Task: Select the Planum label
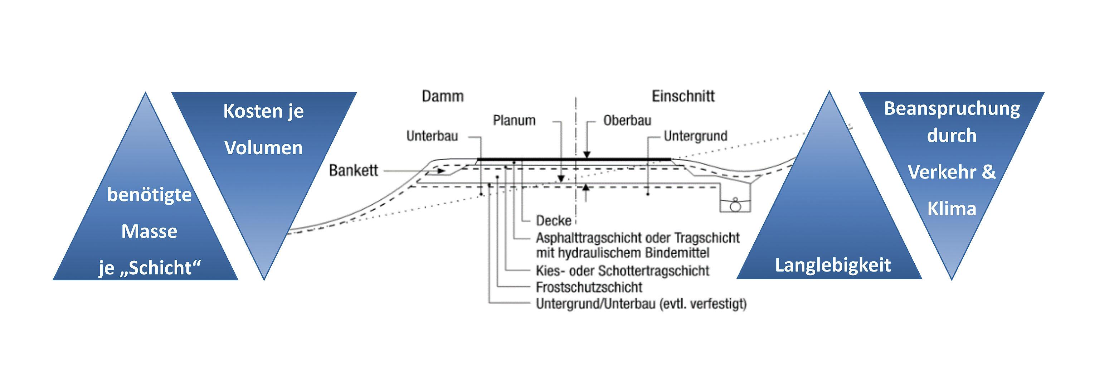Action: point(514,120)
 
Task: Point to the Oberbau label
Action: point(627,120)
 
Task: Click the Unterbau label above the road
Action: point(432,136)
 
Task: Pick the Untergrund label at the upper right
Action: point(695,136)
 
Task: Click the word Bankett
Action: point(353,170)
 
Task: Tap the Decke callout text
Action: point(554,221)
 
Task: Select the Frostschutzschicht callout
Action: point(589,287)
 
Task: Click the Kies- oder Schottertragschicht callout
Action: point(622,271)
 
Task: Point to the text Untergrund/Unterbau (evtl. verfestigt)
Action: point(641,304)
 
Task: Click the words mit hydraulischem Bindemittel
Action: point(622,253)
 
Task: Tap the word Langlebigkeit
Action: point(832,265)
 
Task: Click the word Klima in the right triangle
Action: point(952,209)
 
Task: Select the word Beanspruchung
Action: point(952,108)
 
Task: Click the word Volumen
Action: point(263,148)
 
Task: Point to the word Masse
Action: point(149,232)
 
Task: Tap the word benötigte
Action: point(149,195)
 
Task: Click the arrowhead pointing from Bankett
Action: point(441,171)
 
